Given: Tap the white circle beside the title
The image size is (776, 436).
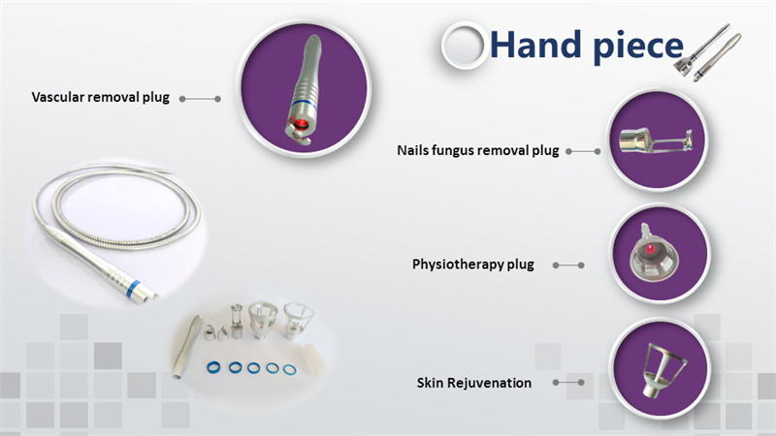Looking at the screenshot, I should (464, 46).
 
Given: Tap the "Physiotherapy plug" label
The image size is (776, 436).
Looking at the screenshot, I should (472, 264).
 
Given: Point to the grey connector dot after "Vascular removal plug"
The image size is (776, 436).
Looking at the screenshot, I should (217, 98).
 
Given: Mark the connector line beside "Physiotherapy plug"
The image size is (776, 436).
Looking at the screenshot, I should (568, 265).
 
